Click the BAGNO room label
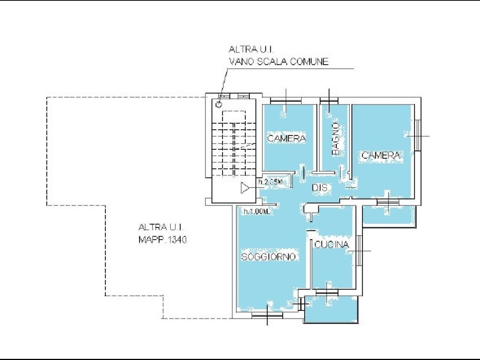pyautogui.click(x=335, y=139)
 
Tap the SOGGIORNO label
pyautogui.click(x=268, y=256)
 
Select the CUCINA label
pyautogui.click(x=331, y=244)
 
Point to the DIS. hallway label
pyautogui.click(x=320, y=188)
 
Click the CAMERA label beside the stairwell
pyautogui.click(x=286, y=138)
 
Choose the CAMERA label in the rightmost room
pyautogui.click(x=381, y=155)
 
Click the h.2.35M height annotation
pyautogui.click(x=270, y=181)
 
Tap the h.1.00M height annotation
pyautogui.click(x=256, y=211)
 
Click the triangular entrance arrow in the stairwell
pyautogui.click(x=245, y=188)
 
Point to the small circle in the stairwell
pyautogui.click(x=219, y=105)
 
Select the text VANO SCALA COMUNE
pyautogui.click(x=279, y=61)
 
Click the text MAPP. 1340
pyautogui.click(x=163, y=240)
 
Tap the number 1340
pyautogui.click(x=177, y=240)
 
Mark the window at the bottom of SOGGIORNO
pyautogui.click(x=267, y=315)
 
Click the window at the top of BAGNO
pyautogui.click(x=329, y=101)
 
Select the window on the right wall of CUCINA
pyautogui.click(x=359, y=250)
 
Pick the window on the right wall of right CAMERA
pyautogui.click(x=418, y=135)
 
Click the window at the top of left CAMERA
pyautogui.click(x=286, y=101)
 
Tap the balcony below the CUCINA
pyautogui.click(x=331, y=309)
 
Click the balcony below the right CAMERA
pyautogui.click(x=389, y=217)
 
